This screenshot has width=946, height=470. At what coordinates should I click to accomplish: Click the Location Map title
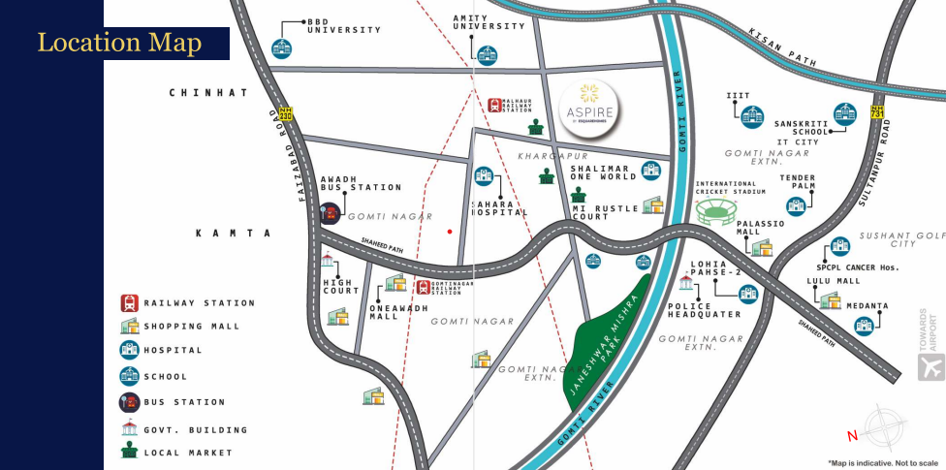click(x=119, y=43)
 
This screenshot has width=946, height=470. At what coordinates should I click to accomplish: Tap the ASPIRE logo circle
click(x=590, y=108)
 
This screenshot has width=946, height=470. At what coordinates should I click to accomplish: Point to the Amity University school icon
click(x=486, y=54)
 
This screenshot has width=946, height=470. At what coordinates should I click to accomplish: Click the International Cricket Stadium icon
click(x=716, y=209)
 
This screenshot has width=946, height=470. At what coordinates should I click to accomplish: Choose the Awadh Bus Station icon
click(x=331, y=213)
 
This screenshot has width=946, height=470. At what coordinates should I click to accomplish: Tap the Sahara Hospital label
click(x=499, y=208)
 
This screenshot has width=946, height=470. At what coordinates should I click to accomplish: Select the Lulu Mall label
click(x=834, y=281)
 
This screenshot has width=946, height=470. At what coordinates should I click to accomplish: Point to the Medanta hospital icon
click(x=863, y=325)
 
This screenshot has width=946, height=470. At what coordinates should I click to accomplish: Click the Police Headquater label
click(x=705, y=310)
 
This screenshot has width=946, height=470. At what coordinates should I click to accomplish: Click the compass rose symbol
click(x=883, y=426)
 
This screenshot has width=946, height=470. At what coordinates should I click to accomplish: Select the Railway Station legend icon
click(x=129, y=302)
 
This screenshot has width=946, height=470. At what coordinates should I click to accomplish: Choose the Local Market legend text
click(x=188, y=453)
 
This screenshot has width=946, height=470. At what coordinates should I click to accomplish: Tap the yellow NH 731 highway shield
click(x=877, y=112)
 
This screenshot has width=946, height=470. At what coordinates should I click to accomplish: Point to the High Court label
click(x=341, y=288)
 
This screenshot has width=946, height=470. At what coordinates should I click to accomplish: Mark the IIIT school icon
click(x=752, y=117)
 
